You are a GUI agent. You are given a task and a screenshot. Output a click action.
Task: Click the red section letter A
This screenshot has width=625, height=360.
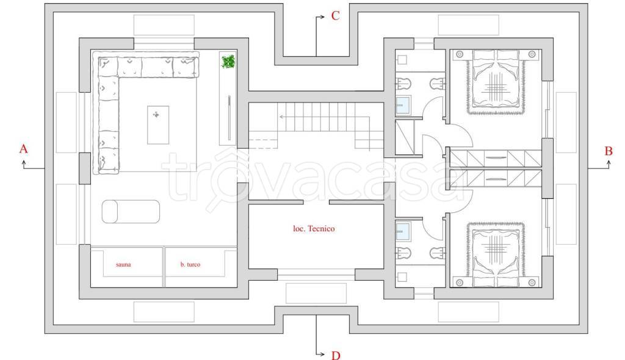pos(24,148)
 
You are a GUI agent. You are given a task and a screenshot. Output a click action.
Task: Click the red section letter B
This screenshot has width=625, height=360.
pos(609,149)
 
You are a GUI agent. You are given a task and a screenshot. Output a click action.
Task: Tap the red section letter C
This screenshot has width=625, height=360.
pos(335,16)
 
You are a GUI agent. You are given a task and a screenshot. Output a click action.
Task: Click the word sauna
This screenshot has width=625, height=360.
pos(123,265)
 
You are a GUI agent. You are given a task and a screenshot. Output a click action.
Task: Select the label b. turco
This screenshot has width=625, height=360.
pos(190,265)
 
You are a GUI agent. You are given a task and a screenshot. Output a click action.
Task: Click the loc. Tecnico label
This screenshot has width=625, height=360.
pos(314,229)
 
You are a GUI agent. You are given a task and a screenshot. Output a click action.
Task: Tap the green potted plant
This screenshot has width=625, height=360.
pos(228,62)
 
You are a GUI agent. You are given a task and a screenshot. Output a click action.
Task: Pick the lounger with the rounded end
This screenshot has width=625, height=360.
pos(130,212)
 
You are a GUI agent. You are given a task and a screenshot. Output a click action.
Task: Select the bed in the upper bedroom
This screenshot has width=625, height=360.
pos(496,82)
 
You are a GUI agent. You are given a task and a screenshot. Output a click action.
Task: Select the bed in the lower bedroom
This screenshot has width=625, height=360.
pos(496,253)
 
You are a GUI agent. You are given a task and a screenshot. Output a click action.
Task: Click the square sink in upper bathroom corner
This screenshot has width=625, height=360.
pos(403,60)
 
